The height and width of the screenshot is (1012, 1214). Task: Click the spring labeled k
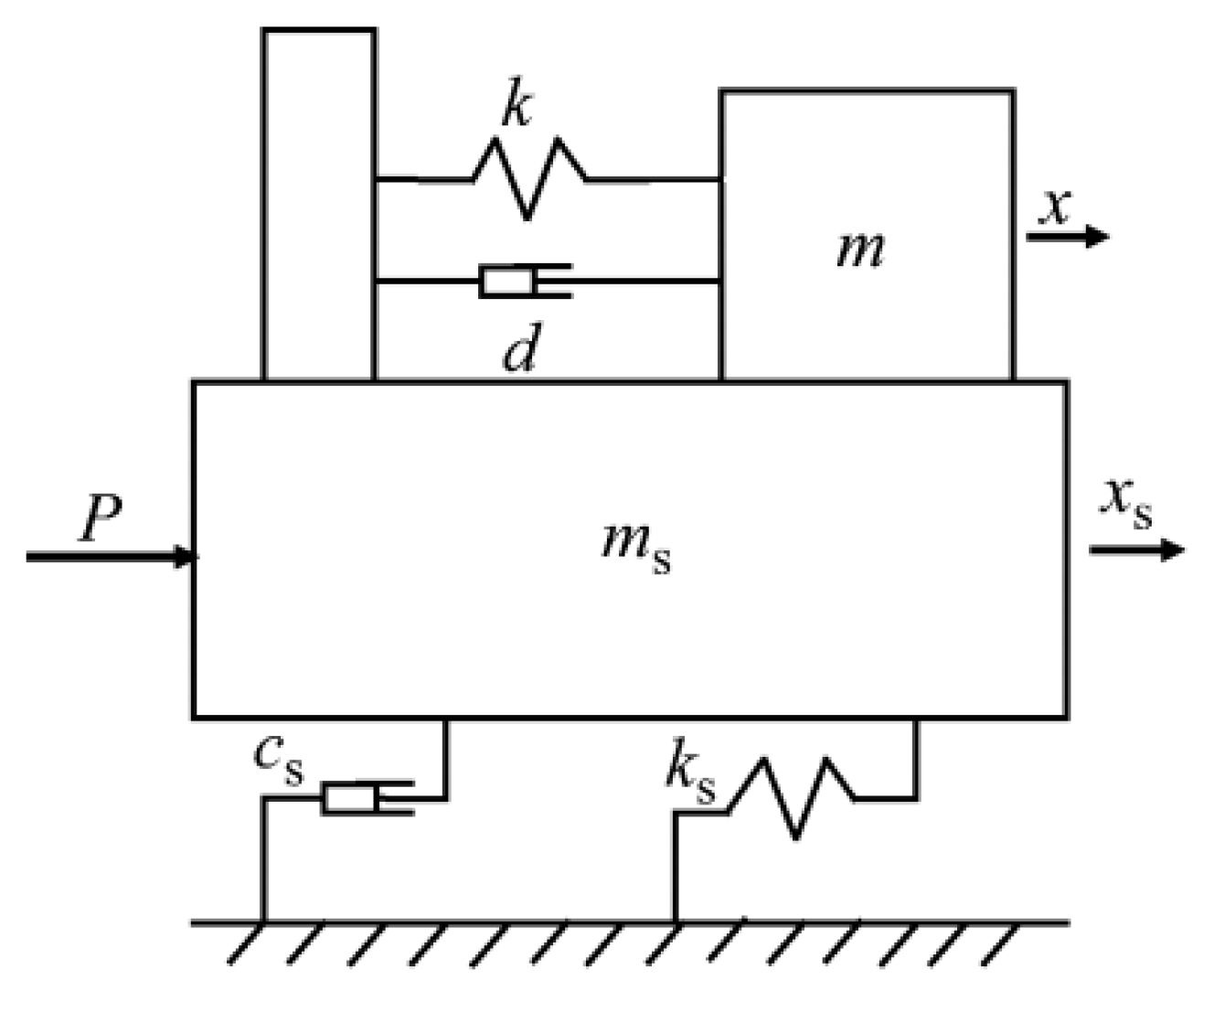(x=528, y=178)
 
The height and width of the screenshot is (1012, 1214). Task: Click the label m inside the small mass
(x=860, y=249)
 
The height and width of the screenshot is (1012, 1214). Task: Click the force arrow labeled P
(x=110, y=556)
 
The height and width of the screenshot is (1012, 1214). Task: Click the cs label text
(x=278, y=757)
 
